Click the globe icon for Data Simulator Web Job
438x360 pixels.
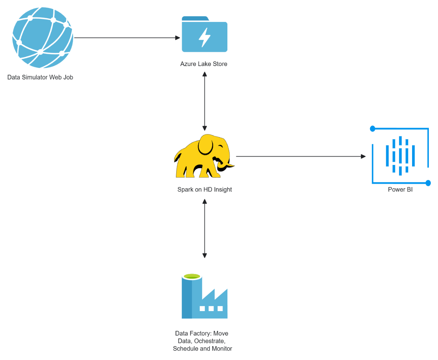(43, 38)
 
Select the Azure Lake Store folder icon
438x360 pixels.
(204, 35)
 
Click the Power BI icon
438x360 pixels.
(400, 156)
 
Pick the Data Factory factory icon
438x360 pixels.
(204, 296)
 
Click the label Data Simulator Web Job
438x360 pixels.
(40, 77)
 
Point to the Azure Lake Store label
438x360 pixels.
(204, 64)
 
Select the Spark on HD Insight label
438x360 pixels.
(204, 190)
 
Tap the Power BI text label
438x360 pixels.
(400, 190)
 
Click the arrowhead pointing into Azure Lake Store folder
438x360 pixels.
(178, 38)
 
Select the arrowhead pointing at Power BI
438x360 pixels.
(363, 156)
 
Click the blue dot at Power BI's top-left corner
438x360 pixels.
(372, 128)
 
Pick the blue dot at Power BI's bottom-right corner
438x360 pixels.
(428, 183)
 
